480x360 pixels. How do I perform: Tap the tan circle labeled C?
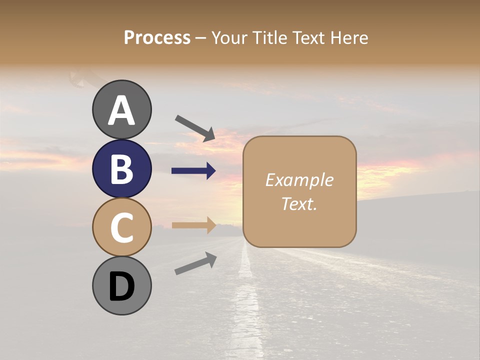click(x=121, y=227)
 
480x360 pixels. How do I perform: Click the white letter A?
click(x=121, y=110)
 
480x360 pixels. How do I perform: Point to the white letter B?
click(x=121, y=169)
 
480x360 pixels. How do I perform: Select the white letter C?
click(x=121, y=227)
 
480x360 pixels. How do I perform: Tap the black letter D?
click(x=121, y=286)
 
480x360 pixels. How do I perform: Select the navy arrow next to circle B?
click(x=193, y=171)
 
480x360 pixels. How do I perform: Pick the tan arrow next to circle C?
click(x=193, y=225)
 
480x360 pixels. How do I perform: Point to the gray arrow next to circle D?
click(x=195, y=263)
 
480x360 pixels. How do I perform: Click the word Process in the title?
click(x=157, y=37)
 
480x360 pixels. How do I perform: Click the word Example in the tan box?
click(x=299, y=180)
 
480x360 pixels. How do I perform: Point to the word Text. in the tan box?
click(x=299, y=203)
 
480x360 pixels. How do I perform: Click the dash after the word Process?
click(x=201, y=38)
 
